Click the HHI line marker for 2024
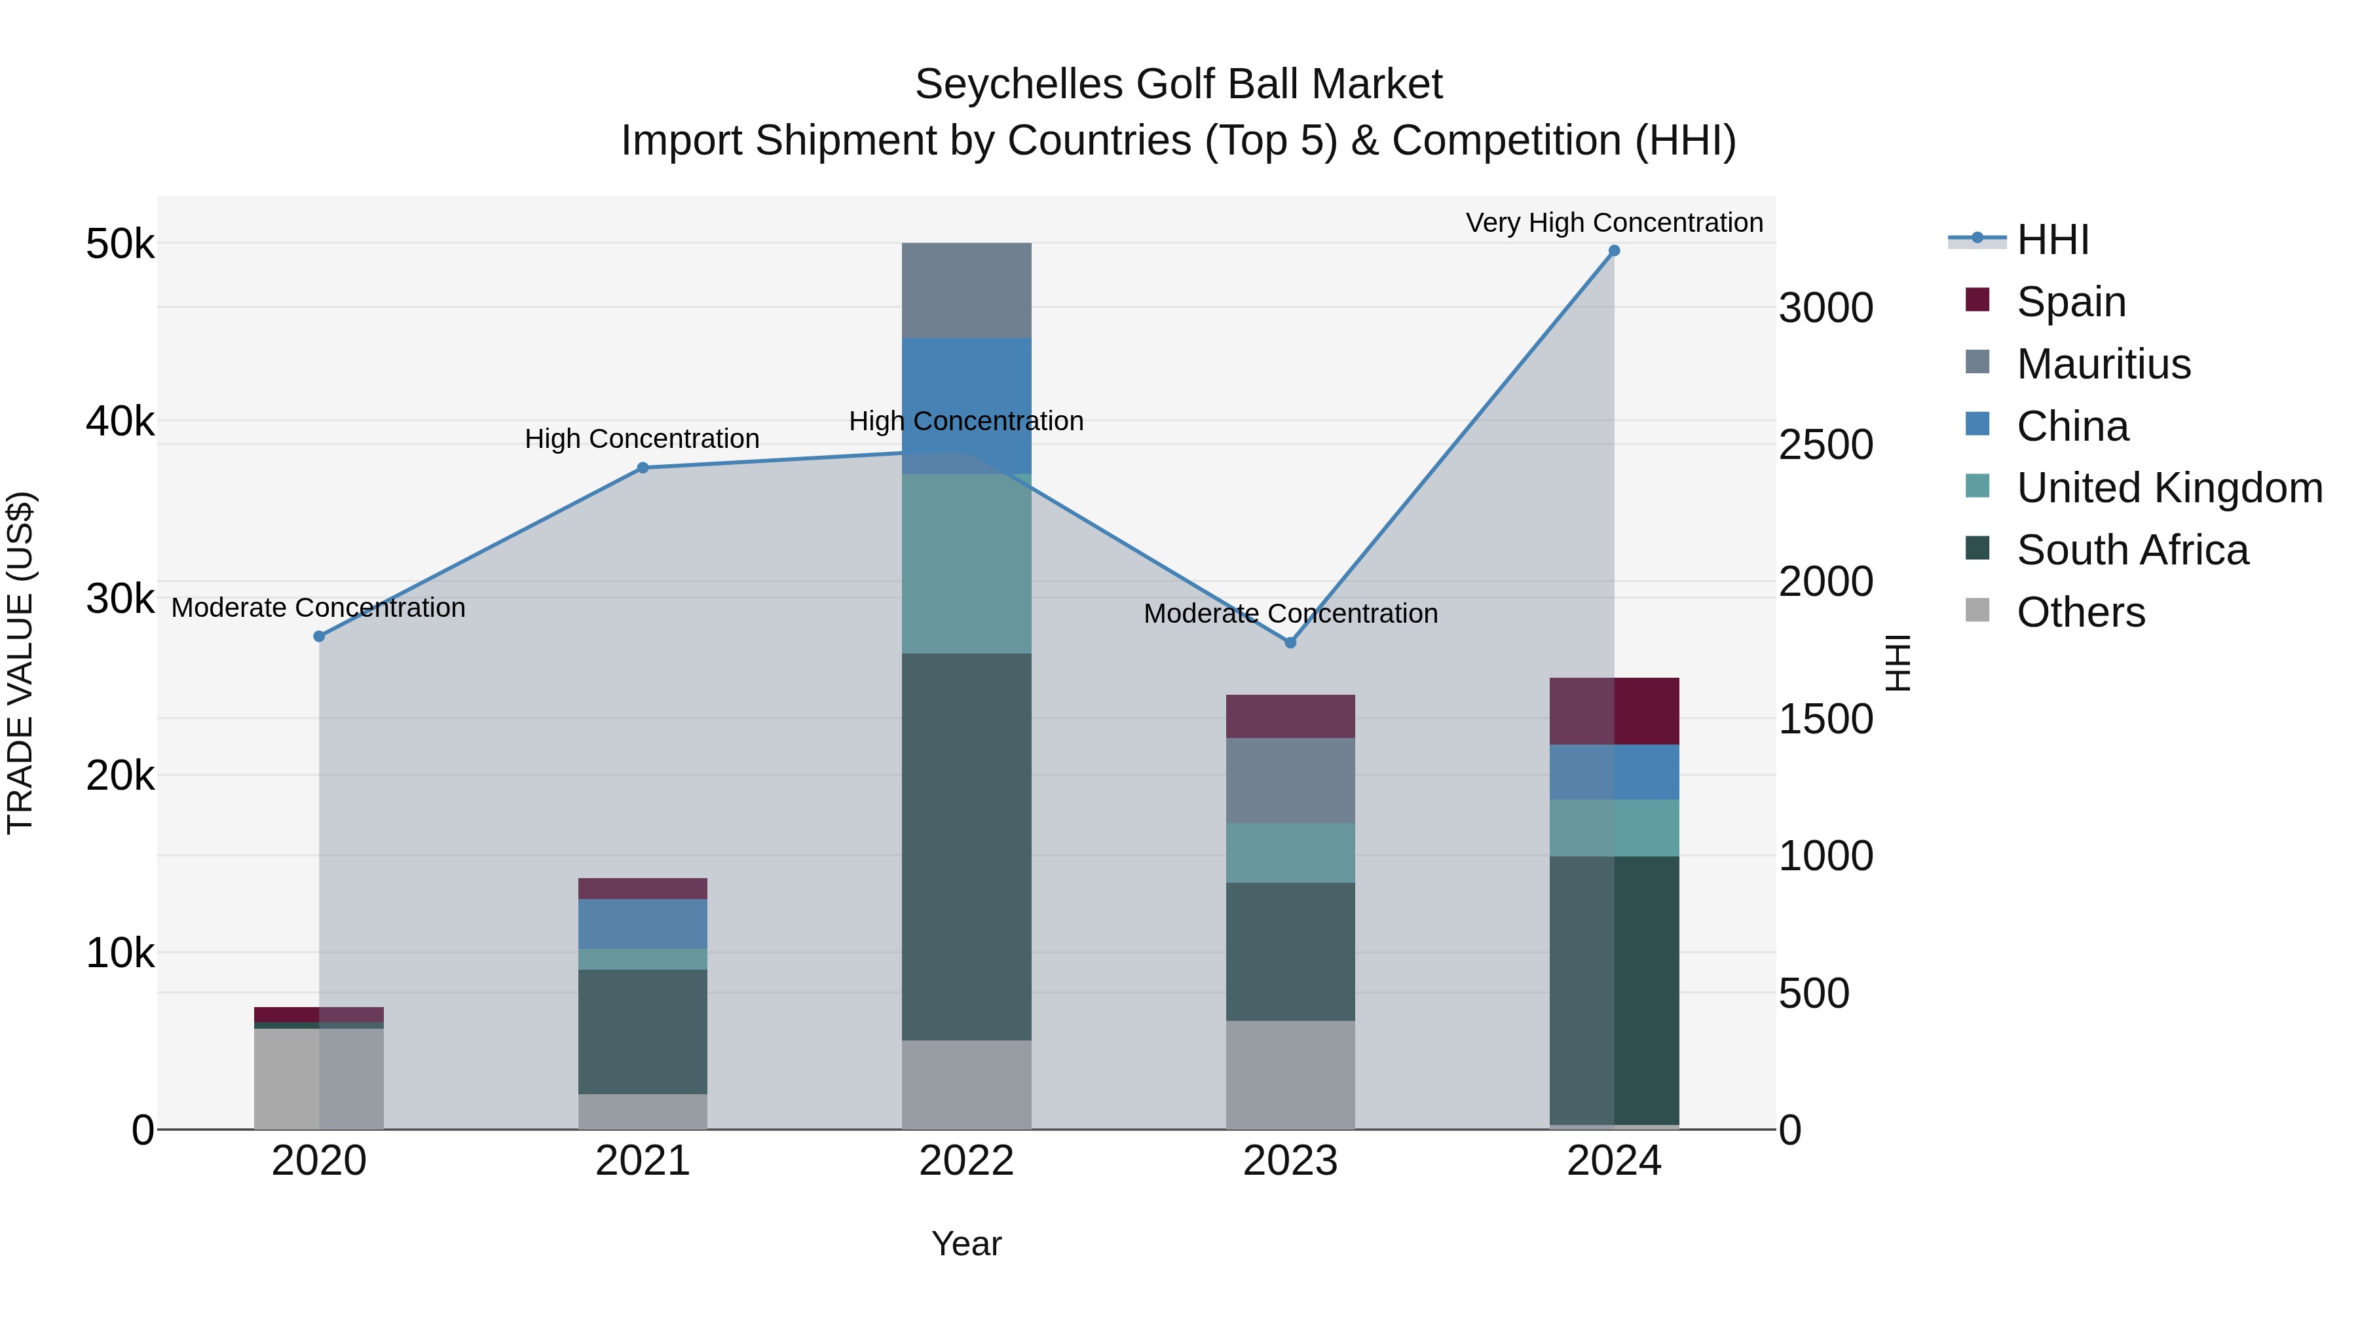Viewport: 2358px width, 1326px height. tap(1614, 251)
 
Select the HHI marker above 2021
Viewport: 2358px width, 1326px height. tap(643, 468)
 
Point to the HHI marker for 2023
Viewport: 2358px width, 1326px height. tap(1290, 642)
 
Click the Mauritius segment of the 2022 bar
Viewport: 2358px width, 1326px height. tap(967, 290)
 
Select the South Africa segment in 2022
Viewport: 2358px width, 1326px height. tap(967, 847)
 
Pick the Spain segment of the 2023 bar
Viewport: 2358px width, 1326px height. tap(1290, 716)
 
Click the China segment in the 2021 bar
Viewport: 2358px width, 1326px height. tap(643, 923)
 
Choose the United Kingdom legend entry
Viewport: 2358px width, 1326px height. tap(2169, 488)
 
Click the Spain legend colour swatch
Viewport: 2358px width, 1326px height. tap(1977, 300)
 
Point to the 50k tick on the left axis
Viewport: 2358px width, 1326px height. tap(120, 244)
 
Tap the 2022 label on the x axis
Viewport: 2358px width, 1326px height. tap(967, 1161)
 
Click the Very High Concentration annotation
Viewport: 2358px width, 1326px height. tap(1614, 223)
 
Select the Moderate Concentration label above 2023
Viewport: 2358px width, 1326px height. tap(1290, 613)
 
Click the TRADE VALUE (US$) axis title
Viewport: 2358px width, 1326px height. tap(20, 663)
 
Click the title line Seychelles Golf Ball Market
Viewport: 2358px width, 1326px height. tap(1178, 84)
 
